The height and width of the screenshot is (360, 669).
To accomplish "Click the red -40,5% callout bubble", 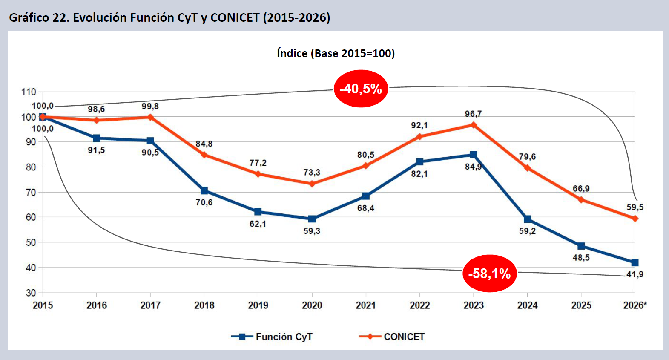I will (361, 89).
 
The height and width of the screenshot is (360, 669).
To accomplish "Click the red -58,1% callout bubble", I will (489, 274).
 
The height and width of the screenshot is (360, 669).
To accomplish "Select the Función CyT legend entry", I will (272, 337).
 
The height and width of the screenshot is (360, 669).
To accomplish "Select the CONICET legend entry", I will (392, 337).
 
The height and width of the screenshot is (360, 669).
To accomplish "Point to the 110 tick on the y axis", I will (29, 92).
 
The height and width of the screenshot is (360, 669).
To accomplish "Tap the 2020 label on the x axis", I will (312, 305).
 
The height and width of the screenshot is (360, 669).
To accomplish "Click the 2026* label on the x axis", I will (635, 305).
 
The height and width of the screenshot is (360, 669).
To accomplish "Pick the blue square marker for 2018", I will (204, 190).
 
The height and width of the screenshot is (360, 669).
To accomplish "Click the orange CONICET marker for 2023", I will (474, 125).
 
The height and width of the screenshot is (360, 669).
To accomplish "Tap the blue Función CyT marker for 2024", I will (527, 219).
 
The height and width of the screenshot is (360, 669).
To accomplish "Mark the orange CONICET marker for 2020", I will (312, 184).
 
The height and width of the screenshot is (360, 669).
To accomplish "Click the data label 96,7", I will (473, 114).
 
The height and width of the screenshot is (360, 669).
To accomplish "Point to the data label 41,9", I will (635, 274).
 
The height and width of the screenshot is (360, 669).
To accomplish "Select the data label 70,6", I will (204, 202).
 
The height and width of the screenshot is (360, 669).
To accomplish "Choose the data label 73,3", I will (312, 173).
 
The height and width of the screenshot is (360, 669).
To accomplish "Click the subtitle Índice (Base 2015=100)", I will (336, 53).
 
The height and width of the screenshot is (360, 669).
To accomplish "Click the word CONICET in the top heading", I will (235, 18).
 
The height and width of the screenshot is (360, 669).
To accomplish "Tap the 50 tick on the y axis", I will (31, 242).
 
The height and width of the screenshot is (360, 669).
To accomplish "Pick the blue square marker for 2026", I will (635, 262).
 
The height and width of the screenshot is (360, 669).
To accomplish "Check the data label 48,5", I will (581, 258).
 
